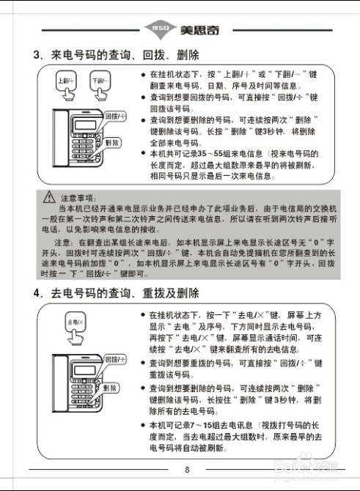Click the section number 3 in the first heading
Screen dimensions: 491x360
(x=37, y=55)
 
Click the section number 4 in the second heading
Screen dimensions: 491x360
(x=37, y=293)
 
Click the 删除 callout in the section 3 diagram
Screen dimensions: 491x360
(x=112, y=144)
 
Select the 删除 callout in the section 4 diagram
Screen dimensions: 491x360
(x=111, y=387)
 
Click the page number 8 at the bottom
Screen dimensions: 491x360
(x=186, y=470)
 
